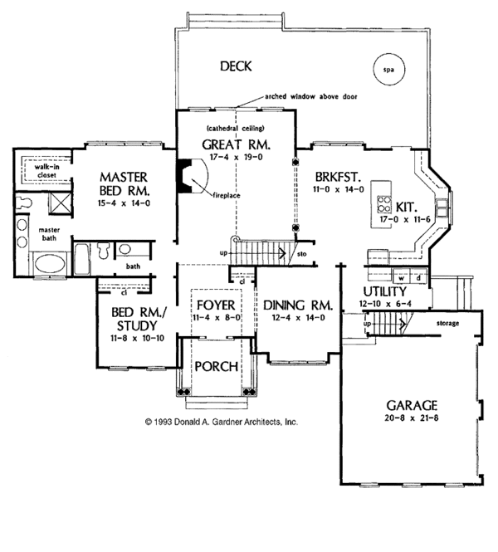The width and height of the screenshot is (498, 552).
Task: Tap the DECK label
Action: click(236, 66)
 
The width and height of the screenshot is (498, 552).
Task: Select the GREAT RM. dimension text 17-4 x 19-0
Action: click(237, 158)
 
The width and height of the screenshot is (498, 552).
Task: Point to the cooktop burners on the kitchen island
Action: click(384, 204)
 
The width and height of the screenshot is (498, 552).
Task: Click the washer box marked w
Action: click(401, 278)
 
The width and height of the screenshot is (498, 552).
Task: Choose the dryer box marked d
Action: click(418, 278)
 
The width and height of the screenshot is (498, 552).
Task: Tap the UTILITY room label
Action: click(384, 292)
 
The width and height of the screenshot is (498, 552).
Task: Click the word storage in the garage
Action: click(447, 323)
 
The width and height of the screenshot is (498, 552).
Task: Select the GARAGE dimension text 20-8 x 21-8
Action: click(412, 418)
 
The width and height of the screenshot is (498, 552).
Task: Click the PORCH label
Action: click(217, 367)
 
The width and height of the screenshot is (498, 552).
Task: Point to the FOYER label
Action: click(216, 305)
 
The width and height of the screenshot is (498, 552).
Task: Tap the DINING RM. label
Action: click(298, 305)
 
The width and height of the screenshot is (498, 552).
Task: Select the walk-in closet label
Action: click(46, 171)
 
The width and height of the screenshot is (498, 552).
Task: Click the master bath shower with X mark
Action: click(60, 203)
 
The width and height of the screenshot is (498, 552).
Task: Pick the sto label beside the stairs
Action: click(302, 253)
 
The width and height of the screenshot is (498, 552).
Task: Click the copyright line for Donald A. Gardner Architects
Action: click(222, 422)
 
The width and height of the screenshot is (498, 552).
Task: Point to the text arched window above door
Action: click(311, 96)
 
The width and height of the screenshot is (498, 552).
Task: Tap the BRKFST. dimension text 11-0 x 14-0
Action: click(339, 189)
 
